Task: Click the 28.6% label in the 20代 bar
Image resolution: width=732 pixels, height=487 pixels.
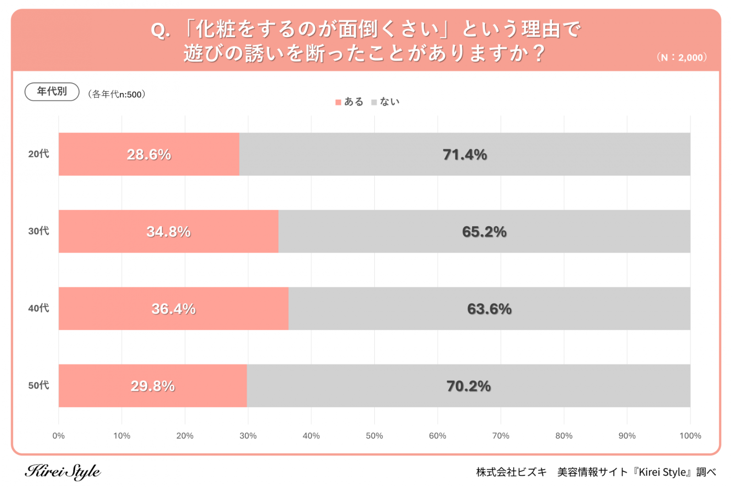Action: point(149,155)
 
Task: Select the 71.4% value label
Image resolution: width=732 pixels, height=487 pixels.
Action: point(464,155)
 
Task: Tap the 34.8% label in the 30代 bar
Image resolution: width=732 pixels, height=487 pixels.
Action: point(168,232)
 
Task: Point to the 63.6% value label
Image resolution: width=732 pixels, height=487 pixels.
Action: point(489,309)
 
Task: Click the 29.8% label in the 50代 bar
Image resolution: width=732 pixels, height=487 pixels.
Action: point(153,386)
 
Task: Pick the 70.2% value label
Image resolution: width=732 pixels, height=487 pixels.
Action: point(468,386)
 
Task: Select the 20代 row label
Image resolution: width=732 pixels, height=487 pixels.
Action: point(38,154)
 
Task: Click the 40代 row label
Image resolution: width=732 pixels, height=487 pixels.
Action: point(38,308)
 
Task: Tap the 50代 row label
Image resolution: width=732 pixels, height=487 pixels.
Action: point(38,386)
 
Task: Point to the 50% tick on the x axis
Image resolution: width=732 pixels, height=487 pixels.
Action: point(374,436)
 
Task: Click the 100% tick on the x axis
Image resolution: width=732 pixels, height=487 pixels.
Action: point(690,436)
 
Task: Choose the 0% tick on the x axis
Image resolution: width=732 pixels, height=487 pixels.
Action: point(59,436)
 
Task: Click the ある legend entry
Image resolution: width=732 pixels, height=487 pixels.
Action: point(350,102)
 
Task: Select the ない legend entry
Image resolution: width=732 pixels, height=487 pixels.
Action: point(386,102)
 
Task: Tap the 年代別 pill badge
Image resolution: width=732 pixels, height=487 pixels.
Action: point(52,91)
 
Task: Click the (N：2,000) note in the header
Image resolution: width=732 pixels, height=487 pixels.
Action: point(682,58)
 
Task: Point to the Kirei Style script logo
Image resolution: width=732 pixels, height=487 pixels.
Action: point(63,471)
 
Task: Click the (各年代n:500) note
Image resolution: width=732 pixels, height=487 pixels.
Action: point(117,95)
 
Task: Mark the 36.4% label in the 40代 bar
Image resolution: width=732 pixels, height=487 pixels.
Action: point(173,309)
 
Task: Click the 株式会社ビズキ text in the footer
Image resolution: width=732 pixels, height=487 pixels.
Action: point(511,472)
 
